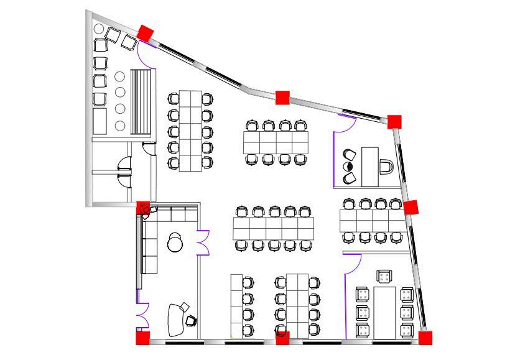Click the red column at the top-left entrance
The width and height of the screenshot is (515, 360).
point(146,34)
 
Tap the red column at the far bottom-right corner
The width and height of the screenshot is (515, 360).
point(425,338)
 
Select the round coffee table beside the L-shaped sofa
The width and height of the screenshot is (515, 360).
point(175,243)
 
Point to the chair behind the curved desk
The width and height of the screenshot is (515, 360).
point(192,320)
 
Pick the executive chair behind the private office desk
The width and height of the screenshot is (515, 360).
point(386,168)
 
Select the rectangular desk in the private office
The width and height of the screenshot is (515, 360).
point(371,167)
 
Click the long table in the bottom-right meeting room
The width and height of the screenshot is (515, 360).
point(385,313)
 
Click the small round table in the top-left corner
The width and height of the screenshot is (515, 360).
point(98,29)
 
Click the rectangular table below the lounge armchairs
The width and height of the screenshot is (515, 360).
point(100,121)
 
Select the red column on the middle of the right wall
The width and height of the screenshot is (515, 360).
point(411,207)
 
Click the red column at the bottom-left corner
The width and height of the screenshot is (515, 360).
point(142,338)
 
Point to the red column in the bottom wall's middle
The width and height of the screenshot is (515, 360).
point(282,339)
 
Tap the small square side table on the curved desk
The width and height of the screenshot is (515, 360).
point(185,305)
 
